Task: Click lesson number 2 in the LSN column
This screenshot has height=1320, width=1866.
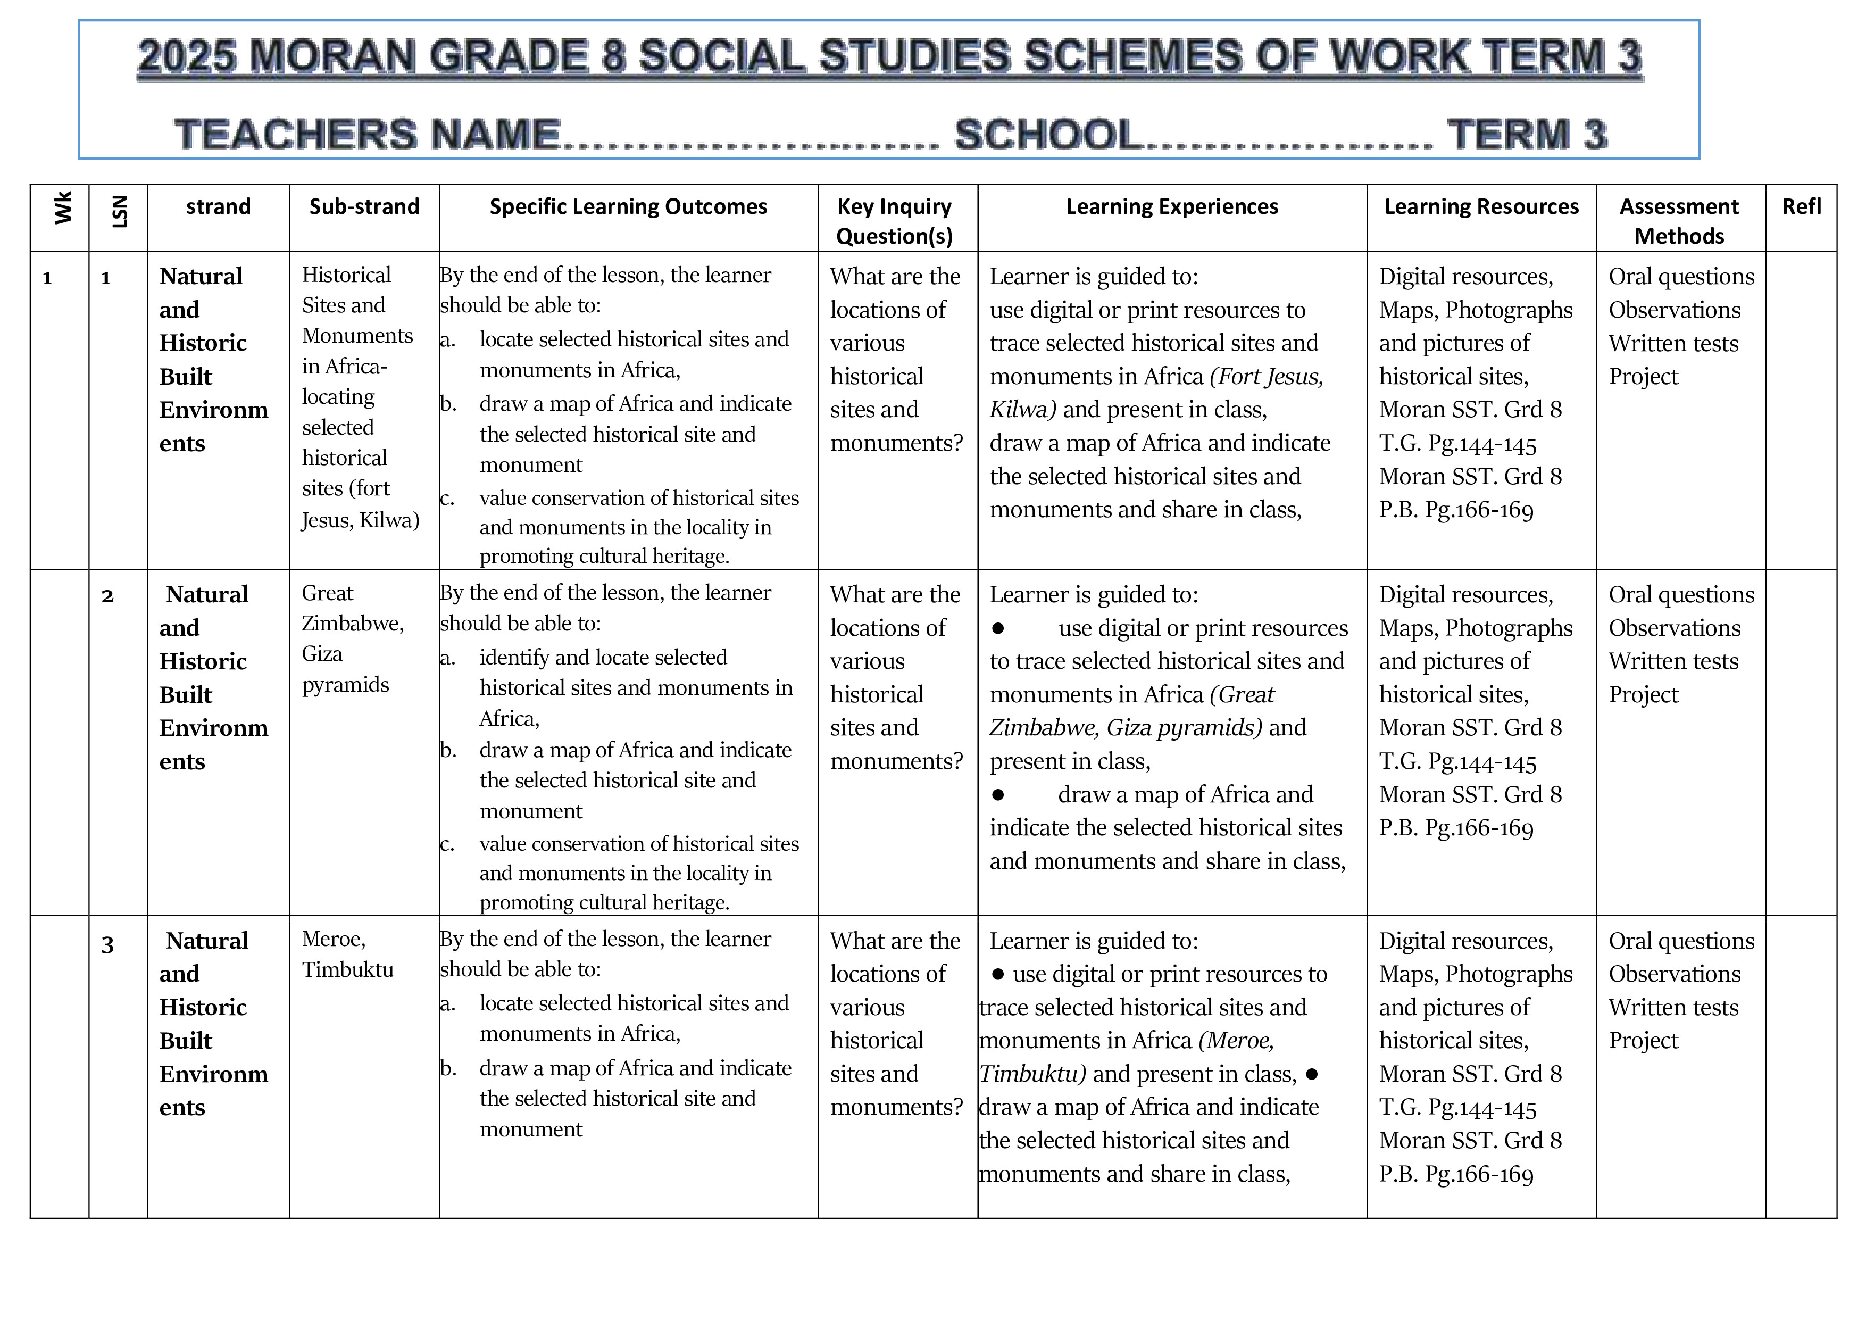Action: (x=107, y=596)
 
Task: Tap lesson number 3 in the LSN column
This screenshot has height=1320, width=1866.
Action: (x=107, y=944)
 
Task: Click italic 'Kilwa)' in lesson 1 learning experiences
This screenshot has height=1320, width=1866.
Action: (x=1022, y=410)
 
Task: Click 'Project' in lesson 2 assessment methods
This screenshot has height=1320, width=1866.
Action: (x=1643, y=695)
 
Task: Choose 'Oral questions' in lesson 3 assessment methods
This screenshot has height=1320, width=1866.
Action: (x=1681, y=941)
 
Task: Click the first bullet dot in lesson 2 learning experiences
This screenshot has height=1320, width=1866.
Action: (x=998, y=628)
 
